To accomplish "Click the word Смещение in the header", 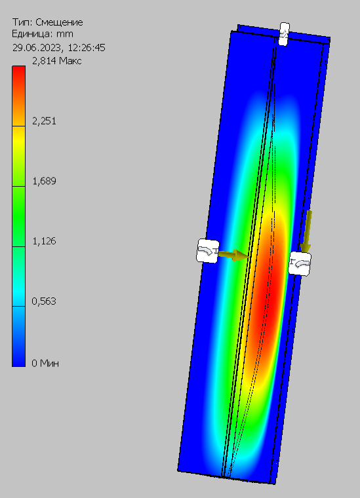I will coord(58,22).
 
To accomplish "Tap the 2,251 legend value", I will coord(44,121).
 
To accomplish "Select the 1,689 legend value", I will coord(44,181).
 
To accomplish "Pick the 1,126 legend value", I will coord(44,241).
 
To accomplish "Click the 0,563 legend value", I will coord(44,301).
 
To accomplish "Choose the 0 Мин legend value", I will coord(45,362).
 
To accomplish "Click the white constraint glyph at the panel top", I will coord(284,34).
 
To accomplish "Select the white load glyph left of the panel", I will coord(208,250).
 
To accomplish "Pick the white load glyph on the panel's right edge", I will coord(300,263).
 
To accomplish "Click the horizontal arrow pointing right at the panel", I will coord(232,255).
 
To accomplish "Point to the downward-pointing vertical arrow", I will coord(308,229).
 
